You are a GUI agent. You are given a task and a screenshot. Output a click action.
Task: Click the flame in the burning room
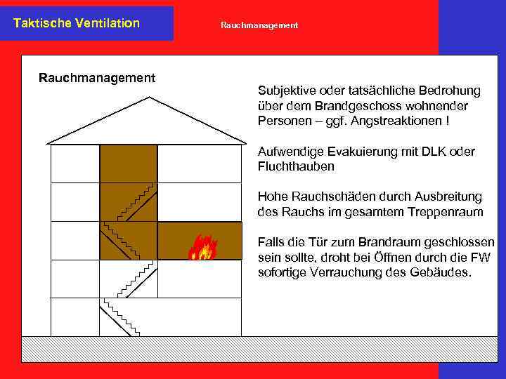point(202,247)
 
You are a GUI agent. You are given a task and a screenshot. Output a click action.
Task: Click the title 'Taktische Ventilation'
point(77,23)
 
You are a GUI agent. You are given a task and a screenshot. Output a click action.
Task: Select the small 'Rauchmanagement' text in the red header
point(259,25)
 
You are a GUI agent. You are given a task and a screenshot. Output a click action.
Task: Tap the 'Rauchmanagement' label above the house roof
point(97,78)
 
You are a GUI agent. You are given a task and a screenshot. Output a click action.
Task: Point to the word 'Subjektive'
point(286,91)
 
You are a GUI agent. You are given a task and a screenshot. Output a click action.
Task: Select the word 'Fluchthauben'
point(296,166)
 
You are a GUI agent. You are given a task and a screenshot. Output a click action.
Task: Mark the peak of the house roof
point(150,98)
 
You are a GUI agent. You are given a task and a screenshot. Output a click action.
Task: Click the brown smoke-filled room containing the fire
point(176,240)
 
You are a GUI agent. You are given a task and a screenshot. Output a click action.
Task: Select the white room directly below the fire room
point(200,279)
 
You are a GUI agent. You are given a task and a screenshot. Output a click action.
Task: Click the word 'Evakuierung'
point(346,152)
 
